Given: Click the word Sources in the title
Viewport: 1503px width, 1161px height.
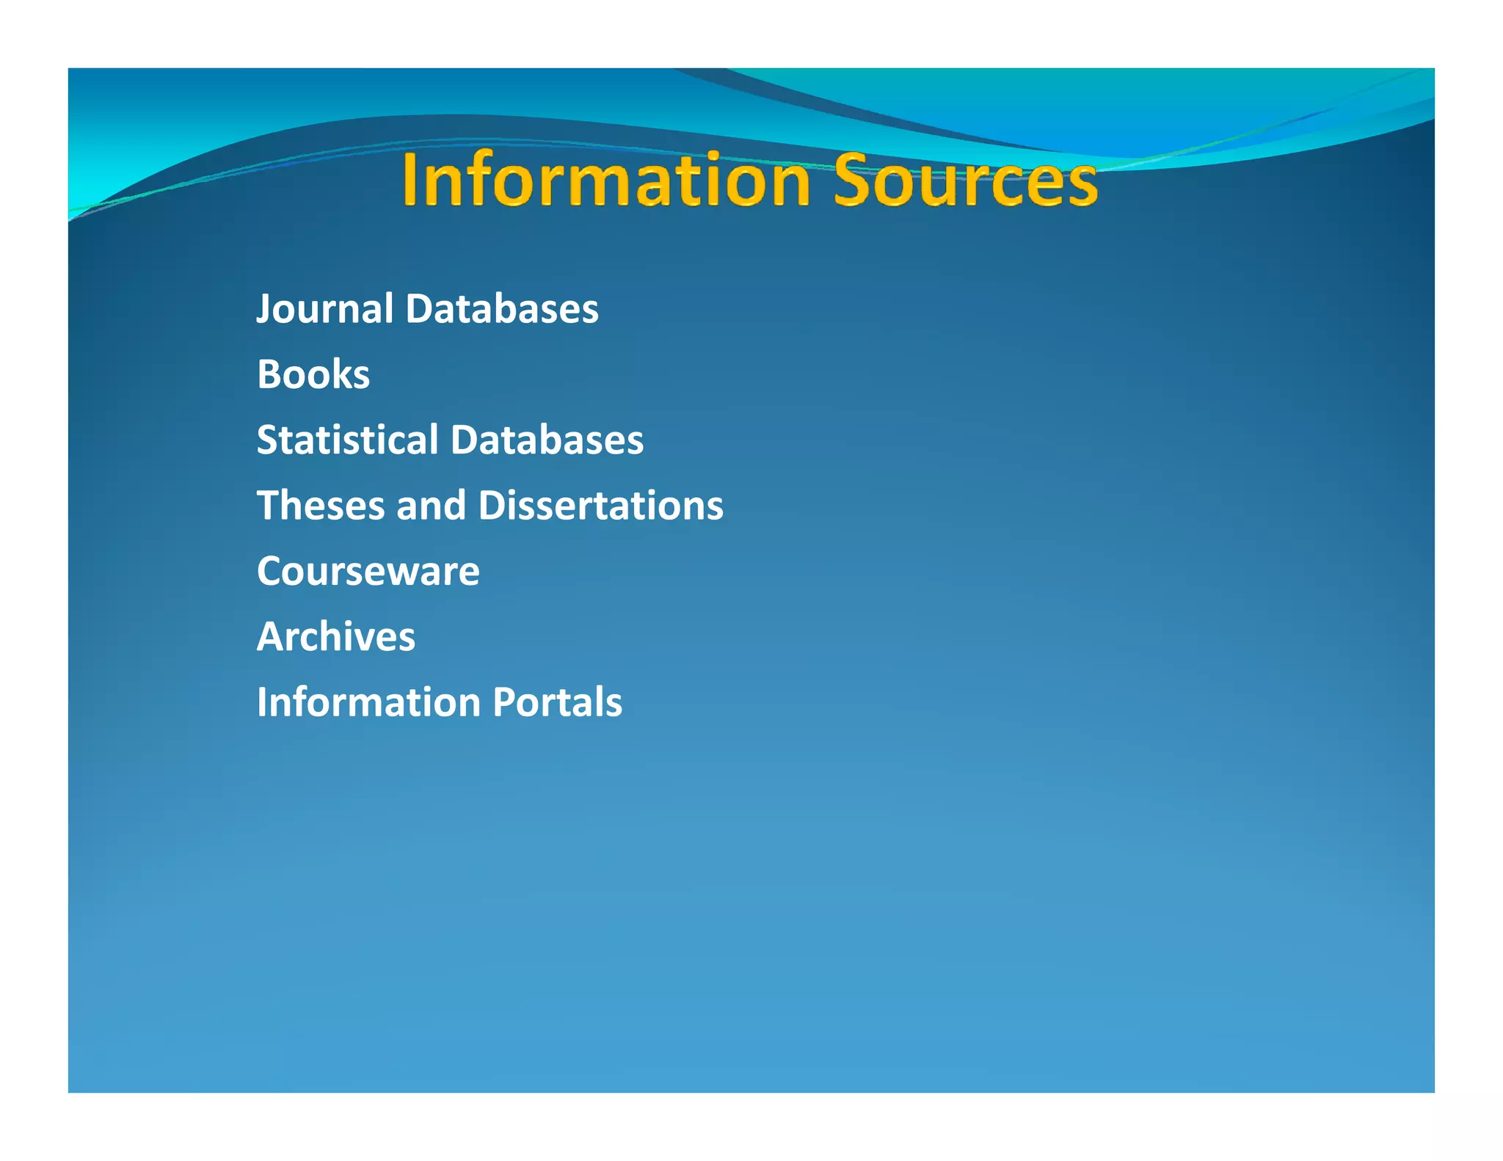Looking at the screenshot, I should coord(965,181).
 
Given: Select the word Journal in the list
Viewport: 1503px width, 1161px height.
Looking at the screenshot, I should coord(325,308).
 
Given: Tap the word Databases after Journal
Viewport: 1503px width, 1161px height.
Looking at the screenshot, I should coord(502,308).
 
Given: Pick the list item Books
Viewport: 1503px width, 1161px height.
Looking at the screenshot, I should coord(313,374).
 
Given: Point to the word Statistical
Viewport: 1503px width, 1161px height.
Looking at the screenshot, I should coord(347,440).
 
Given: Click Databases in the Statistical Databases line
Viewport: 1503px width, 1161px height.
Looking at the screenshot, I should coord(547,440).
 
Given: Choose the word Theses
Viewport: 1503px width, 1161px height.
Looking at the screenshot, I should coord(321,506).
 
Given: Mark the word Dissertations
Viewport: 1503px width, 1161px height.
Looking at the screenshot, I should coord(601,506).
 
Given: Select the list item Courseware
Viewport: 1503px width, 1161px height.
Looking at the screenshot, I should coord(368,571).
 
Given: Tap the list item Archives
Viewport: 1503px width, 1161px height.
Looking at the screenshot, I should coord(336,636).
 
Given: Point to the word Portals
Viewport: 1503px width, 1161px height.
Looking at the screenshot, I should coord(558,702).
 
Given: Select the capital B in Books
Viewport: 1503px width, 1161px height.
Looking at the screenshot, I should coord(269,374).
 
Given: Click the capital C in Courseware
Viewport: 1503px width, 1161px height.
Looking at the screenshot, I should coord(271,571).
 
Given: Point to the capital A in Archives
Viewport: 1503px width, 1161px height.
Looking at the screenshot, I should coord(270,636).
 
